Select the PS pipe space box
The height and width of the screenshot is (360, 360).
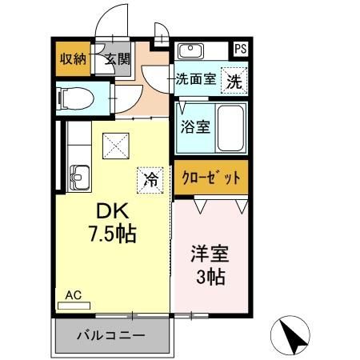coord(240,49)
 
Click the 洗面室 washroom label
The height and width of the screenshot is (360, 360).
coord(195,80)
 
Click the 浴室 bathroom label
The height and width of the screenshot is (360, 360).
coord(191,126)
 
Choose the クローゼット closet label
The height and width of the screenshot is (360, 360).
coord(209,176)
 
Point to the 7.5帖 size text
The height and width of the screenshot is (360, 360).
coord(112,234)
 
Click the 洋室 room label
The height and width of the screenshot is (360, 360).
coord(210,256)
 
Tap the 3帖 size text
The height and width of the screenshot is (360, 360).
coord(210,278)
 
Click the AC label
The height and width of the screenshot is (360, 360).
coord(73,294)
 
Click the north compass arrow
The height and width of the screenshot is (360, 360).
coord(294,335)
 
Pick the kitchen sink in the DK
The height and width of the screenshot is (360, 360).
coord(80,174)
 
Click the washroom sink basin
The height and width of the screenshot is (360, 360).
coord(192,52)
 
